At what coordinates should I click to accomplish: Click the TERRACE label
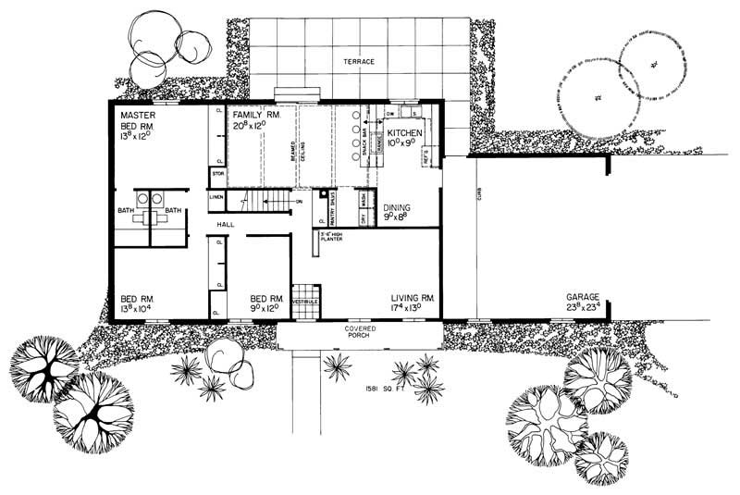[x=359, y=62]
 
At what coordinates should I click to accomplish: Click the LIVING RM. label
[x=413, y=299]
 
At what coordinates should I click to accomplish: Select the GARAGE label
[x=584, y=299]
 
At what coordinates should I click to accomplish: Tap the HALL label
[x=227, y=225]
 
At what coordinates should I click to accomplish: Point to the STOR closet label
[x=218, y=173]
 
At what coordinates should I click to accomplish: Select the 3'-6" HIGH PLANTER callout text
[x=333, y=238]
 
